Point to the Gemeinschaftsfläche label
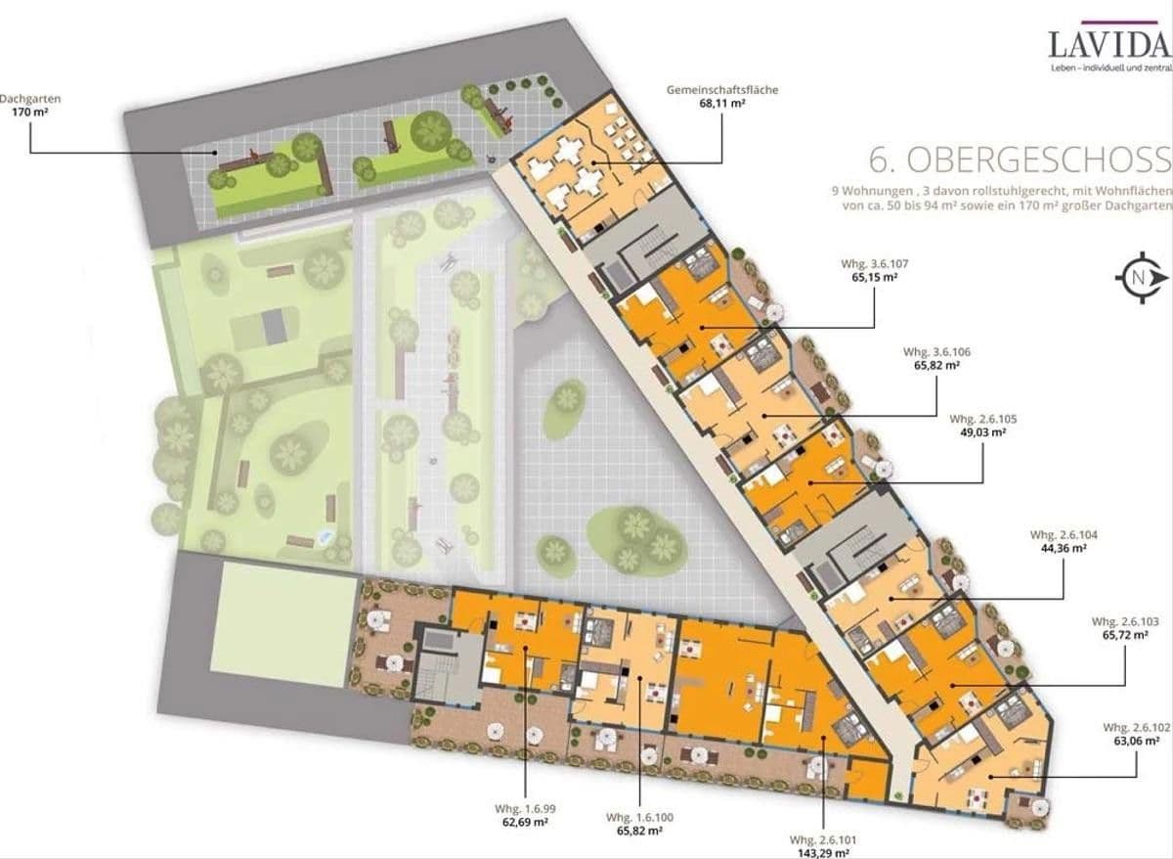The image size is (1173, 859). [723, 90]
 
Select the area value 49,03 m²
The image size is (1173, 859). [983, 431]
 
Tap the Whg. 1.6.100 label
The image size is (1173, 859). [639, 817]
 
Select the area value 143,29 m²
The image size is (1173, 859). [823, 851]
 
